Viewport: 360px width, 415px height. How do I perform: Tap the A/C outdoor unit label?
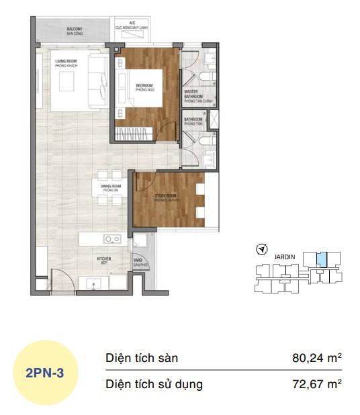pyautogui.click(x=132, y=24)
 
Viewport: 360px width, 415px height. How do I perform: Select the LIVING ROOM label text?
pyautogui.click(x=68, y=62)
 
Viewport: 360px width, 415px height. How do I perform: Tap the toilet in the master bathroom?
pyautogui.click(x=208, y=62)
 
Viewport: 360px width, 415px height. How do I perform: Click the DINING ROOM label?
pyautogui.click(x=110, y=187)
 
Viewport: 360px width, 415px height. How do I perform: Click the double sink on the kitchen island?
pyautogui.click(x=111, y=238)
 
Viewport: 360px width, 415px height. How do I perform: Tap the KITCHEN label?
pyautogui.click(x=103, y=259)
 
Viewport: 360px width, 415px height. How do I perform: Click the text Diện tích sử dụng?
pyautogui.click(x=154, y=385)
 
